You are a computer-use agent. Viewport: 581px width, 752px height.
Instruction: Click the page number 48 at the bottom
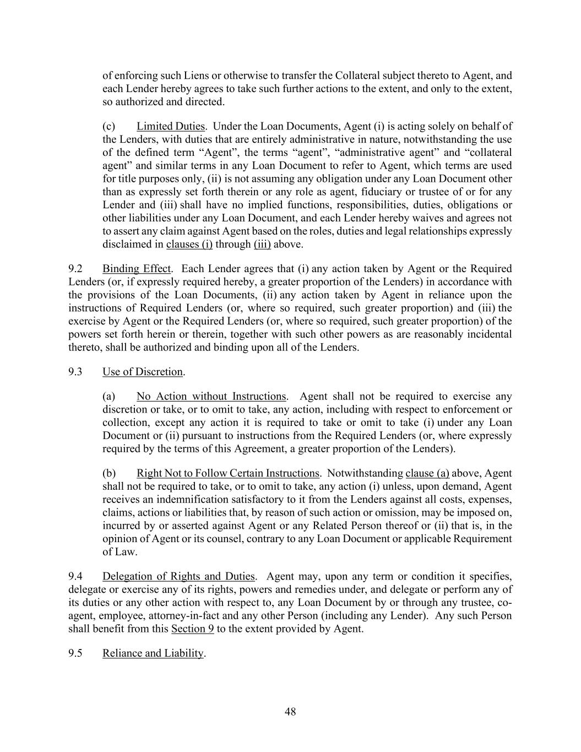290,712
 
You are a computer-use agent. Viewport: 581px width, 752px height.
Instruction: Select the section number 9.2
75,269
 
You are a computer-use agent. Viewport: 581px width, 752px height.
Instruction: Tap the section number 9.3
75,372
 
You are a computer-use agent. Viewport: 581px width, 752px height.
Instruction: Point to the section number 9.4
75,577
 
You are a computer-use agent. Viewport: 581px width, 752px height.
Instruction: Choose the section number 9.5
75,653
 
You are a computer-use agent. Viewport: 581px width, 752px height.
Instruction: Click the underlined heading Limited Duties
171,127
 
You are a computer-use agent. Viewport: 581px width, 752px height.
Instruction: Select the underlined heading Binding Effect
137,269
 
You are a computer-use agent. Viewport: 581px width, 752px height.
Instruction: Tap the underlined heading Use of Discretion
143,372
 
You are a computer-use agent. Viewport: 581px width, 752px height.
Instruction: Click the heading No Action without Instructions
211,397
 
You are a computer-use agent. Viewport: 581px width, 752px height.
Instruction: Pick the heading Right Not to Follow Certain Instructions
227,473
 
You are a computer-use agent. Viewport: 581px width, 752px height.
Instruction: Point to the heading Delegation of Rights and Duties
178,577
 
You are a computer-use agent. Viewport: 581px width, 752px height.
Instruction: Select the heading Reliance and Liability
153,653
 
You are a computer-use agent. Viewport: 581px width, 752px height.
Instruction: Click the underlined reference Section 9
192,629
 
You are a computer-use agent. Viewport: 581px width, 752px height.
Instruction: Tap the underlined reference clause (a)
427,473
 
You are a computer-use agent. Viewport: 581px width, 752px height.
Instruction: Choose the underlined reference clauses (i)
189,244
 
